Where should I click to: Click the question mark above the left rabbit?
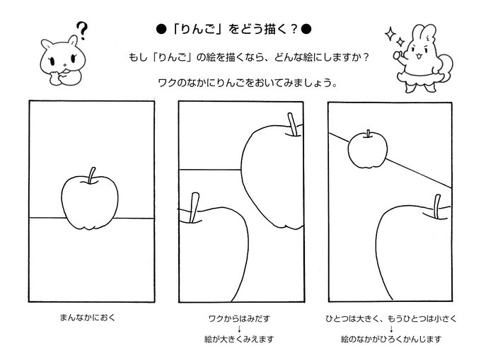(81, 30)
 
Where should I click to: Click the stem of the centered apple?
(91, 175)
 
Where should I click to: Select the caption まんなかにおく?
(88, 318)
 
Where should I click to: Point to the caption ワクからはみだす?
(239, 318)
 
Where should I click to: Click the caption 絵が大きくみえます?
(239, 339)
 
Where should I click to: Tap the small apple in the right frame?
(368, 150)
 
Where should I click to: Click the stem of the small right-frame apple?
(368, 134)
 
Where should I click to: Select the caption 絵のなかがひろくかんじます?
(391, 339)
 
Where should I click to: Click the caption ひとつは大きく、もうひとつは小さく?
(391, 318)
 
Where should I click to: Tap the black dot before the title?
(161, 30)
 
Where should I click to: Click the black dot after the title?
(306, 30)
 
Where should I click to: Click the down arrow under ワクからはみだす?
(239, 329)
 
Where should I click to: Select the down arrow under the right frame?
(391, 329)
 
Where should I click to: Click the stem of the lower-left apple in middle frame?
(195, 208)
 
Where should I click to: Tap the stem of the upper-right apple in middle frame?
(292, 124)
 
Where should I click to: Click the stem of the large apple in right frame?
(437, 207)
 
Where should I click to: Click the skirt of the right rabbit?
(418, 76)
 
